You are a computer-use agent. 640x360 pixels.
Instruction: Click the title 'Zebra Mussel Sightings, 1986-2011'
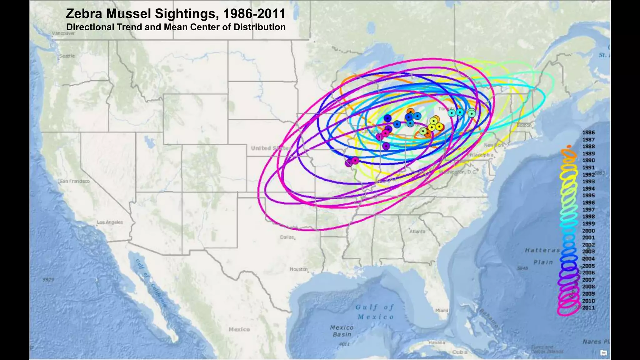click(175, 14)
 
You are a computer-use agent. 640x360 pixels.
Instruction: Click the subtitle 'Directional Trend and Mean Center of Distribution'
click(176, 27)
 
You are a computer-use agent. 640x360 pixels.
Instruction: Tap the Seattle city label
click(67, 56)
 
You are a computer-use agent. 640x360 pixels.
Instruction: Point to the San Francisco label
click(75, 181)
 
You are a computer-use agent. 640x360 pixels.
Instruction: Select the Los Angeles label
click(110, 222)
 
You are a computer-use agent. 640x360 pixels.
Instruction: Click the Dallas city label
click(287, 237)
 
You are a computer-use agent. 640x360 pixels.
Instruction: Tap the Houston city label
click(298, 269)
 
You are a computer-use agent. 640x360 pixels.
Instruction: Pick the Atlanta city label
click(417, 231)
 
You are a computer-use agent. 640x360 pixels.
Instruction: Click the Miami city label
click(442, 310)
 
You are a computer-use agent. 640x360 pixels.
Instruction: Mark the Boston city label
click(524, 125)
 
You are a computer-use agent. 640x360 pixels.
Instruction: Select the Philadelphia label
click(480, 155)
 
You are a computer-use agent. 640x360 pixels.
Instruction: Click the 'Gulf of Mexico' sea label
click(375, 312)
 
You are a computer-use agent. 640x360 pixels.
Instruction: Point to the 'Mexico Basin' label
click(342, 331)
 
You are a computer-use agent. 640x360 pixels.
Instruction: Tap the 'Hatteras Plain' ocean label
click(542, 256)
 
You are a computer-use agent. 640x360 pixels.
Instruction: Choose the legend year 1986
click(588, 132)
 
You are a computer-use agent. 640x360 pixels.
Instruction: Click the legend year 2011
click(588, 307)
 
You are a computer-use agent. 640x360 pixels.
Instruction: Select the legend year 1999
click(588, 223)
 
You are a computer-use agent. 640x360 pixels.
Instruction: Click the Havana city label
click(437, 342)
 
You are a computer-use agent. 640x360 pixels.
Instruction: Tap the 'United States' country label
click(271, 148)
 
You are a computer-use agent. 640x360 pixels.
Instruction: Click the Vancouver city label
click(63, 33)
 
